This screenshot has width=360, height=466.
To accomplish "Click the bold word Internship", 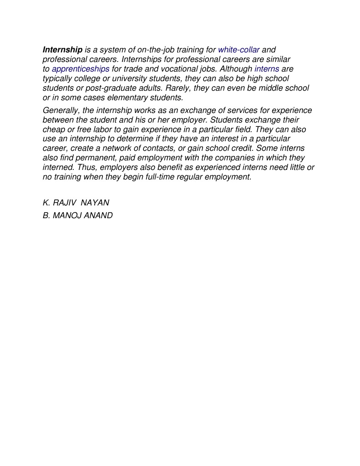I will point(62,49).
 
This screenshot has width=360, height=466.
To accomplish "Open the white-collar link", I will point(238,49).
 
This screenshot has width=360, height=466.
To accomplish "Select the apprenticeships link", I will point(81,69).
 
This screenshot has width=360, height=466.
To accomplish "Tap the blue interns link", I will point(267,69).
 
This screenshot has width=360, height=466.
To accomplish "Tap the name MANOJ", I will point(67,215).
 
